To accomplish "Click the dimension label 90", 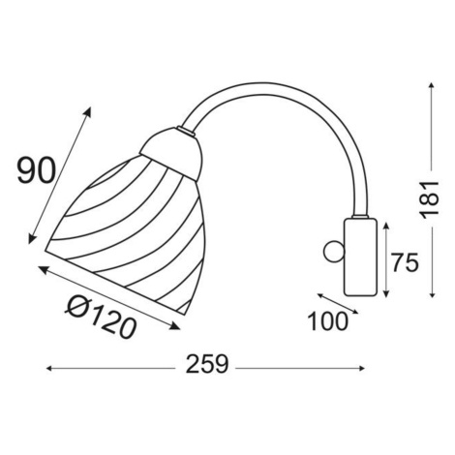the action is [36, 170].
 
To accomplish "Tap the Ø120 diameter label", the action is [101, 317].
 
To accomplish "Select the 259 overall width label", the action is [207, 364].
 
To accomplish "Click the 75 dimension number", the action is [405, 261].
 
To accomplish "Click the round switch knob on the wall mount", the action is [334, 252].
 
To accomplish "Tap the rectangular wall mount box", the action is [360, 257].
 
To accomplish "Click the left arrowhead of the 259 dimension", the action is [49, 368].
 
